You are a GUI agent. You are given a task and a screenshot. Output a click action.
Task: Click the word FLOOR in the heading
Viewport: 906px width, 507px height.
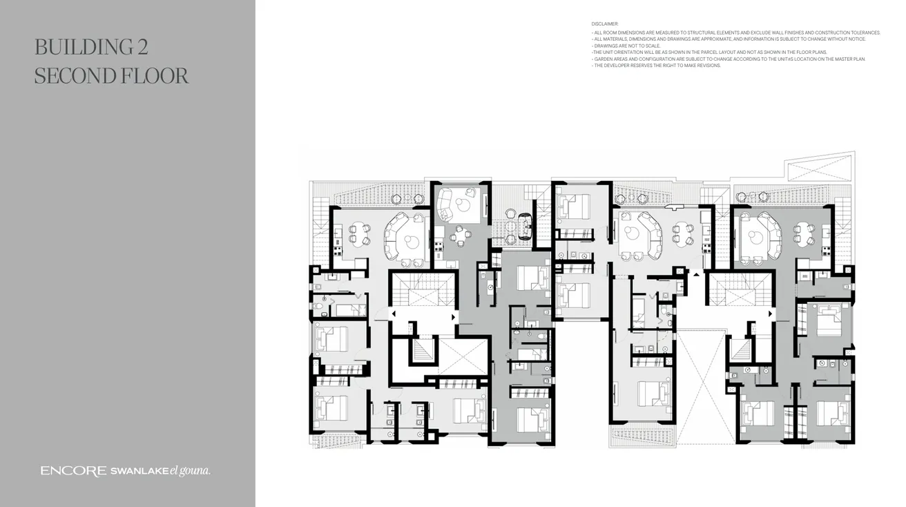157,76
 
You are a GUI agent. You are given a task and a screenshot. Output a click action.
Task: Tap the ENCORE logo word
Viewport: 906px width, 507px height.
73,471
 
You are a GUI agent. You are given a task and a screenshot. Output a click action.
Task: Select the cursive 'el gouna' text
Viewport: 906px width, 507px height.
190,471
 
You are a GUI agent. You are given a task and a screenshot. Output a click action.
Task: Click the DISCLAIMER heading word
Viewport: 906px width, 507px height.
605,24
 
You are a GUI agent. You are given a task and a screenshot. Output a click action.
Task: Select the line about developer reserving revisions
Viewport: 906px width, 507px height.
656,66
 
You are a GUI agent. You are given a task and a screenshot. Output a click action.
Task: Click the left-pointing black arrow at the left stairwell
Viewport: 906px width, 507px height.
393,314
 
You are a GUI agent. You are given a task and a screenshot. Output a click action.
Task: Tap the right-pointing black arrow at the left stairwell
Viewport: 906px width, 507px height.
453,317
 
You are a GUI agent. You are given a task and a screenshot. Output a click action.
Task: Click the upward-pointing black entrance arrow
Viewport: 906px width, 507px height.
696,274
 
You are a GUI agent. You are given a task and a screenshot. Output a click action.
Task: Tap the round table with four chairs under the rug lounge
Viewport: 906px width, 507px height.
461,236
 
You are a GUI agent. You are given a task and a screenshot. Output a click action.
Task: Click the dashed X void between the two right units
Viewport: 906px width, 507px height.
701,387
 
